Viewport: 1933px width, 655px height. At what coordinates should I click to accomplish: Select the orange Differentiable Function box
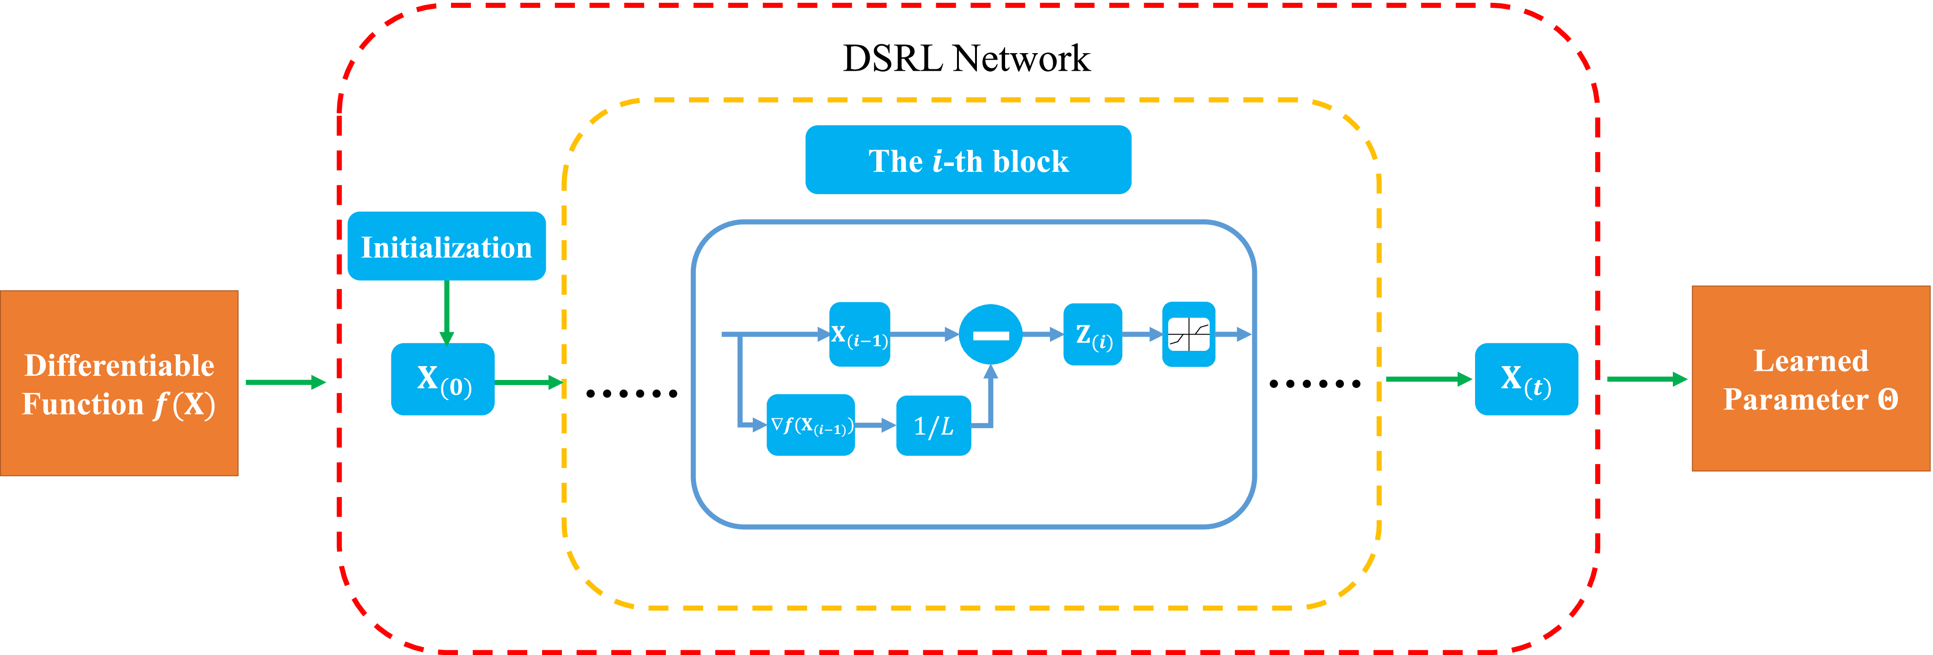click(x=119, y=383)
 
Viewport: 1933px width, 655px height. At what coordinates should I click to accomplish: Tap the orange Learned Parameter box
click(x=1810, y=379)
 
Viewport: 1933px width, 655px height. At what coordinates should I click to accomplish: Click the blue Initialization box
click(x=446, y=246)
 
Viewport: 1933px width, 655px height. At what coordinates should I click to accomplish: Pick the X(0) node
click(x=443, y=379)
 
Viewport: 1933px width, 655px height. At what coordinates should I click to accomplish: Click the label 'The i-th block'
click(x=968, y=160)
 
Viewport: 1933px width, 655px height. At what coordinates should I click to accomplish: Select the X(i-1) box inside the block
click(x=859, y=335)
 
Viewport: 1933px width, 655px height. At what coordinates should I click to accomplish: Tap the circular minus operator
click(x=990, y=335)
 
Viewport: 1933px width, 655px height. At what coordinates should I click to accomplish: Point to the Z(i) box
click(x=1092, y=335)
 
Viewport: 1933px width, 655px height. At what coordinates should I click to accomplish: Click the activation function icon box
click(x=1189, y=335)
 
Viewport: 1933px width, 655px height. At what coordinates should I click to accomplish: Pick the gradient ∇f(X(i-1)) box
click(x=811, y=425)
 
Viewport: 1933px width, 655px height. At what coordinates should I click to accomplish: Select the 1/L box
click(x=933, y=425)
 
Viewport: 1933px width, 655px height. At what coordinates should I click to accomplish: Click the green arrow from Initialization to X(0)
click(x=446, y=312)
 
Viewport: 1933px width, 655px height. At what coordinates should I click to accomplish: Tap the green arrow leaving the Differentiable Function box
click(x=285, y=383)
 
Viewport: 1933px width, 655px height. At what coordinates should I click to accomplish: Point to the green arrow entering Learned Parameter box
click(x=1646, y=380)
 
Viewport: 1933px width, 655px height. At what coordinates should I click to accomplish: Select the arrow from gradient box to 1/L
click(x=875, y=425)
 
